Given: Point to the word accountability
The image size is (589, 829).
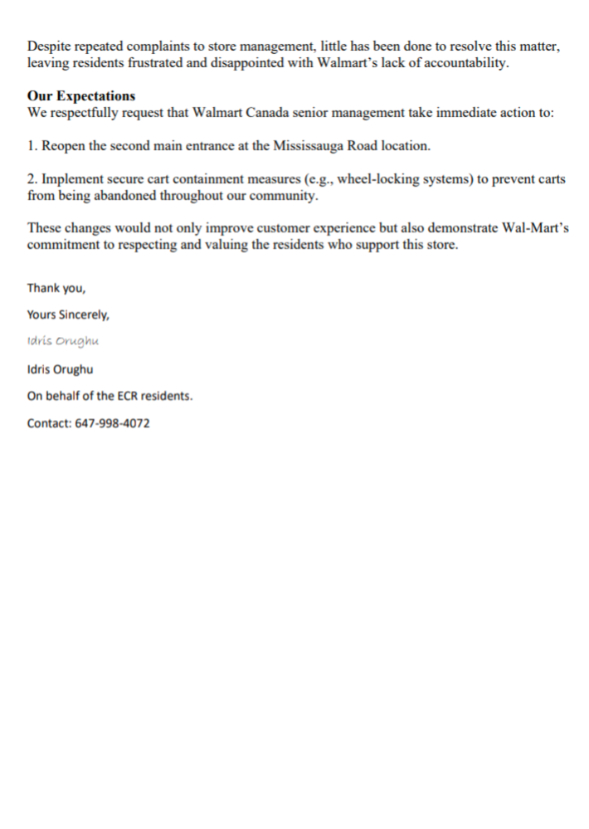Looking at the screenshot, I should [x=461, y=64].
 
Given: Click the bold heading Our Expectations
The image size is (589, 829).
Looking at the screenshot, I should [x=81, y=96].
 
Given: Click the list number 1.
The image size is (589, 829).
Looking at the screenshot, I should [x=32, y=145].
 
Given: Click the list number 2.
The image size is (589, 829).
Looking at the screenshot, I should [x=32, y=178].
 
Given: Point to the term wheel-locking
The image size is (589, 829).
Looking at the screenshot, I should [x=370, y=178].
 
